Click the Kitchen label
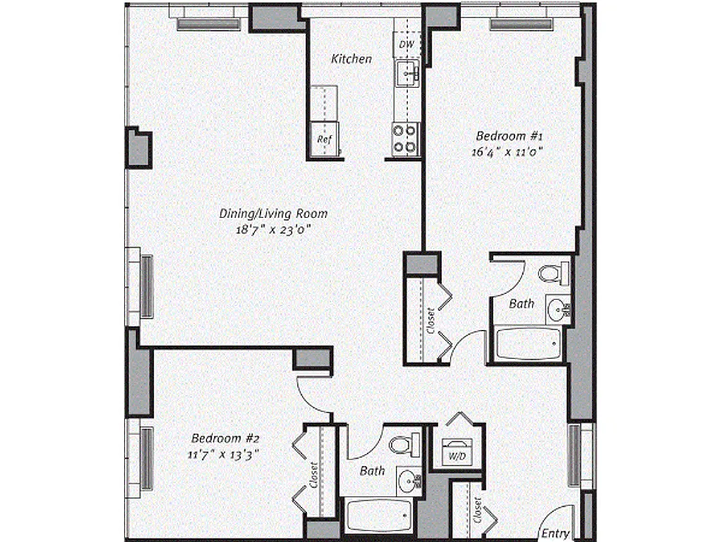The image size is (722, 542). pos(351,59)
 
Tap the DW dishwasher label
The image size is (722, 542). pos(406,45)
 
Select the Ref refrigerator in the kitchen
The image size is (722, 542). pos(324,139)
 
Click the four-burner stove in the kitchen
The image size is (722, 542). pos(405,139)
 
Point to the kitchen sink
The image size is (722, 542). pos(407,72)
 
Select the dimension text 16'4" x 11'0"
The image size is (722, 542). pos(507,152)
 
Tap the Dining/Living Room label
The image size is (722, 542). pos(273,213)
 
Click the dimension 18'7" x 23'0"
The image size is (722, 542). pos(273,230)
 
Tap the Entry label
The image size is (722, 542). pos(555,533)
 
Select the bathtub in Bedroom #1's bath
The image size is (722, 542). pos(528,346)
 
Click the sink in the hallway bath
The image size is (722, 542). pos(407,481)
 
